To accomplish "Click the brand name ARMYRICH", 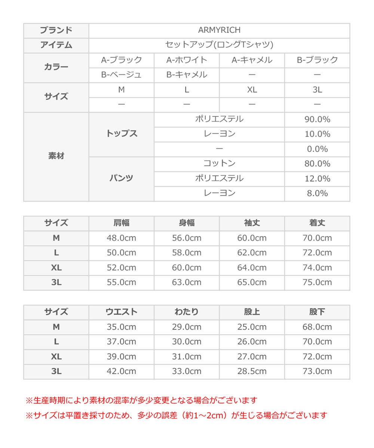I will (x=219, y=30).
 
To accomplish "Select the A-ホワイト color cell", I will (x=187, y=60).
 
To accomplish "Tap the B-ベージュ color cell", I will (x=122, y=75).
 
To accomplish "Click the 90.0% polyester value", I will (x=317, y=119).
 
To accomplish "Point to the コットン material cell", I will (x=219, y=164).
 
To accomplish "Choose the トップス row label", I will (x=122, y=134).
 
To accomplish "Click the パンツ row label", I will (x=122, y=178).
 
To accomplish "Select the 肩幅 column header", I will (x=122, y=223).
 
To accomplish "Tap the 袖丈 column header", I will (x=252, y=223).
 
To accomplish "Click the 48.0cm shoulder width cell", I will (x=122, y=238).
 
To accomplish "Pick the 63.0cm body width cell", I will (x=187, y=282).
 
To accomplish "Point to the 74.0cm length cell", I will (x=317, y=267).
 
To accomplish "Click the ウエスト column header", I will (x=122, y=312).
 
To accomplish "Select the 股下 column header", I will (x=317, y=312).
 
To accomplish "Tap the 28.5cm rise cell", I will (x=252, y=371).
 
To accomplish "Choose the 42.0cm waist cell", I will (x=122, y=371).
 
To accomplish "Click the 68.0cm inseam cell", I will (x=317, y=327).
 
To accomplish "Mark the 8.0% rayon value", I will (x=317, y=193).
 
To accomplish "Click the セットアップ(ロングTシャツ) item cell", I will (x=219, y=45).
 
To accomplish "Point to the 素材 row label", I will (x=56, y=156).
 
